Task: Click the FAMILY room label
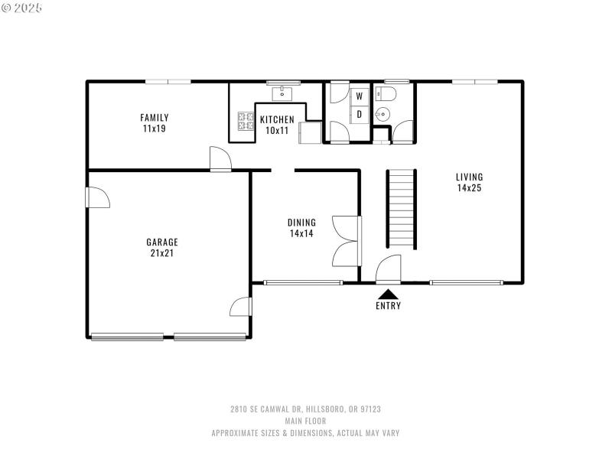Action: click(x=155, y=122)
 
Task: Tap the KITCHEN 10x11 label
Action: click(x=276, y=125)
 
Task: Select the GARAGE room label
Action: click(x=162, y=247)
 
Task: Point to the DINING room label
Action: click(x=301, y=228)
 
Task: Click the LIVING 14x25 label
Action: click(x=469, y=182)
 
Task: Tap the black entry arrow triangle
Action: click(x=388, y=293)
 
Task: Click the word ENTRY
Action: click(x=388, y=306)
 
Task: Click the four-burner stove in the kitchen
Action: click(x=246, y=119)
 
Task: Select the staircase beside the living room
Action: click(x=402, y=208)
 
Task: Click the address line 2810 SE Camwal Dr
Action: click(x=305, y=409)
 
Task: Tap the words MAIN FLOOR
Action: click(x=305, y=421)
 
